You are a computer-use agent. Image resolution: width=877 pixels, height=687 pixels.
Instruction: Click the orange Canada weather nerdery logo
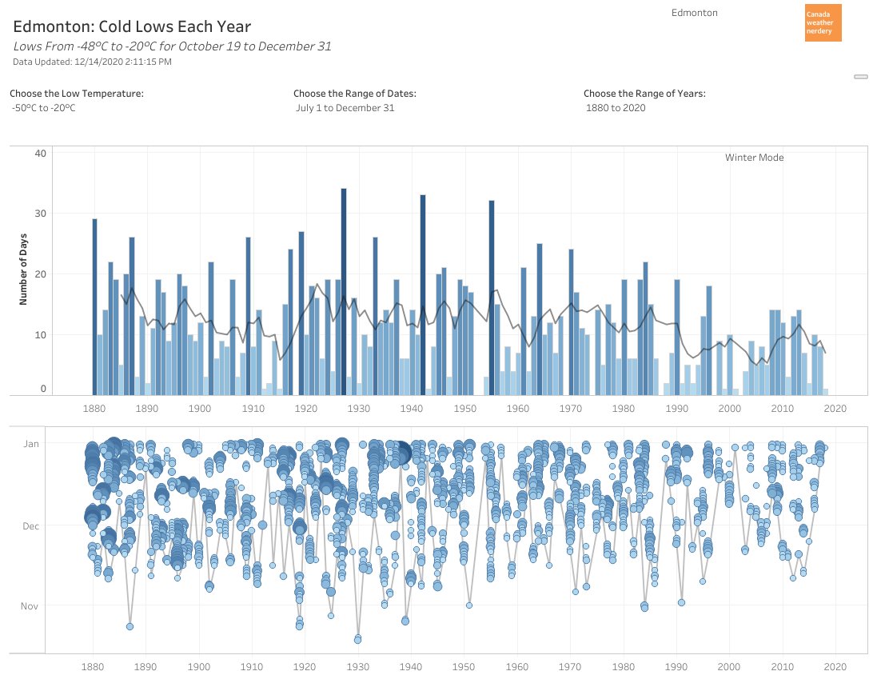(x=823, y=23)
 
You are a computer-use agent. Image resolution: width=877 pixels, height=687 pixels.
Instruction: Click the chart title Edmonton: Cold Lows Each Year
(x=132, y=26)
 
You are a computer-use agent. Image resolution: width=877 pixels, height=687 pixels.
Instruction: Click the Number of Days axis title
(x=23, y=271)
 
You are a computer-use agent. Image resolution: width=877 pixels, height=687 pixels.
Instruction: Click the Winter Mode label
(x=754, y=158)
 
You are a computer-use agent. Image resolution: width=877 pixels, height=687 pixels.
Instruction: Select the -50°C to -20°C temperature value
(x=44, y=108)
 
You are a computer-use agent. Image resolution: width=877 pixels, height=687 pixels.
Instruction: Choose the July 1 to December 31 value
(x=345, y=108)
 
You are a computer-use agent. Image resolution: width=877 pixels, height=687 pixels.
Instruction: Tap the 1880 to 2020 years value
(x=616, y=108)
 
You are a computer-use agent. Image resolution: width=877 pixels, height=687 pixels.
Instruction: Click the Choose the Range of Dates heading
(x=354, y=94)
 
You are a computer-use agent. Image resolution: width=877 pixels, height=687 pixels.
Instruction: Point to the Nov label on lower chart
(x=29, y=606)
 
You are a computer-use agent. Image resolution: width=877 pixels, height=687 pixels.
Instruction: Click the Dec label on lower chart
(x=30, y=526)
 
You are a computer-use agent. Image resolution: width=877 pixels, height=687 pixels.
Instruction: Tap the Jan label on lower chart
(x=30, y=442)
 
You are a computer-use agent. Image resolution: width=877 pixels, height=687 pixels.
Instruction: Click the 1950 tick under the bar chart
(x=464, y=409)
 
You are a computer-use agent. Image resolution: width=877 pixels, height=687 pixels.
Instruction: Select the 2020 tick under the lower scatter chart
(x=835, y=666)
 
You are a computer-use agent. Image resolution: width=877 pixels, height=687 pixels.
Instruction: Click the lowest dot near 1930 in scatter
(x=357, y=638)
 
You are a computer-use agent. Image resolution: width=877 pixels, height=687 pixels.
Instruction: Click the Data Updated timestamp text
(x=92, y=62)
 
